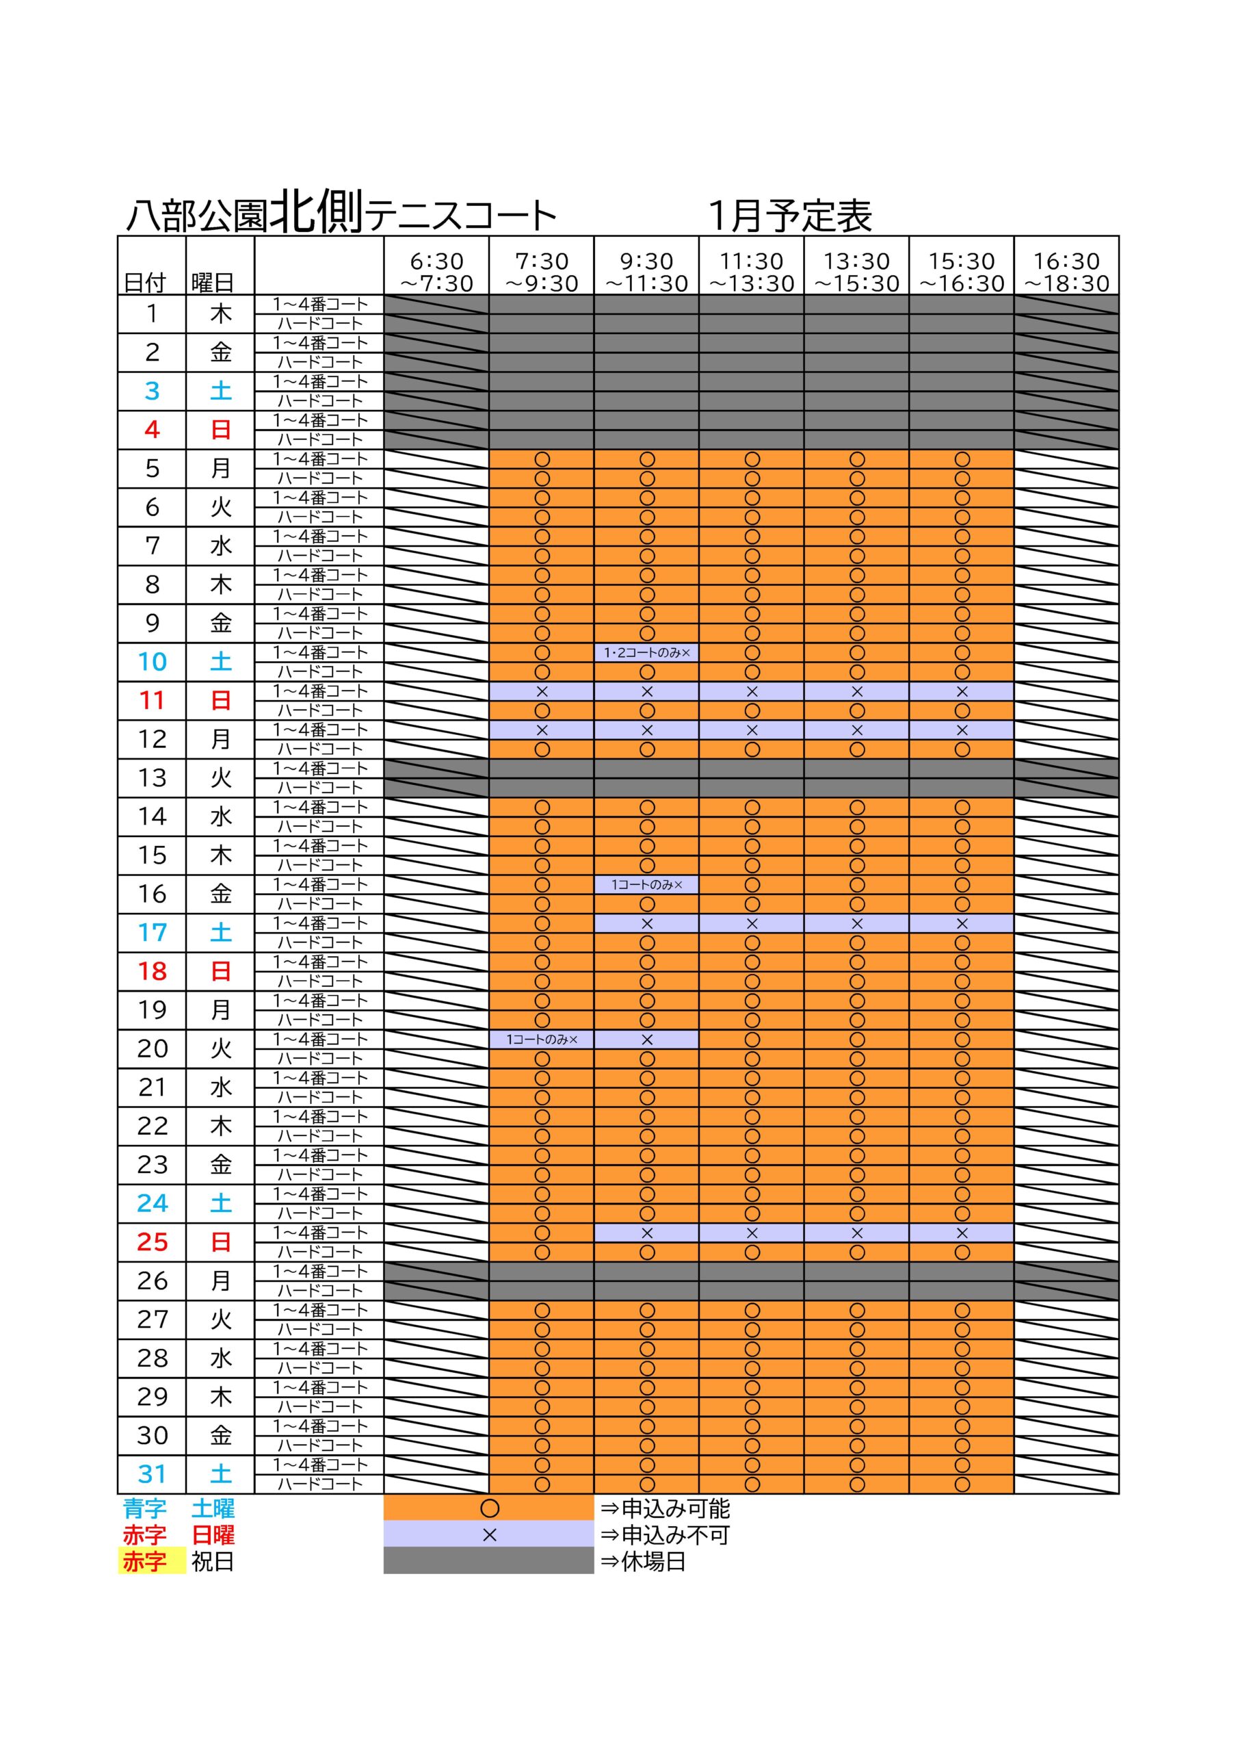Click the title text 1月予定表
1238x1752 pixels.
tap(789, 217)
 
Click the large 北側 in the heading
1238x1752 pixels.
tap(317, 211)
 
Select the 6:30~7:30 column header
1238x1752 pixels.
tap(436, 272)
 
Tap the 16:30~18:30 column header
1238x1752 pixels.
tap(1066, 272)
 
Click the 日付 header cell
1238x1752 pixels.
tap(145, 283)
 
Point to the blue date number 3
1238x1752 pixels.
tap(152, 391)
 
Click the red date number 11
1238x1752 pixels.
tap(152, 701)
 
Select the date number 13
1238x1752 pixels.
tap(152, 777)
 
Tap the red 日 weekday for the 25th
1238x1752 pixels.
tap(220, 1242)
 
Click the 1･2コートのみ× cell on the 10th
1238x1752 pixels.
tap(646, 653)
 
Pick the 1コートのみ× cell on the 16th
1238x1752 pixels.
tap(646, 885)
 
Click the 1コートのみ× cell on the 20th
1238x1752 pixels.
tap(542, 1040)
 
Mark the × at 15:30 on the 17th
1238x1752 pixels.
tap(961, 924)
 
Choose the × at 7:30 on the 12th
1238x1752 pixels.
tap(542, 730)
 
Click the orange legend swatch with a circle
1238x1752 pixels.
tap(488, 1508)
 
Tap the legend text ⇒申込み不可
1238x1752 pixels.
tap(664, 1535)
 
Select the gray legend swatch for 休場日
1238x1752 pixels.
tap(488, 1561)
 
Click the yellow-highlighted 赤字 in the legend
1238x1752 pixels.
tap(145, 1562)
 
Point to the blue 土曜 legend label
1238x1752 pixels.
tap(213, 1508)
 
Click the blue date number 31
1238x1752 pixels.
tap(152, 1474)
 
